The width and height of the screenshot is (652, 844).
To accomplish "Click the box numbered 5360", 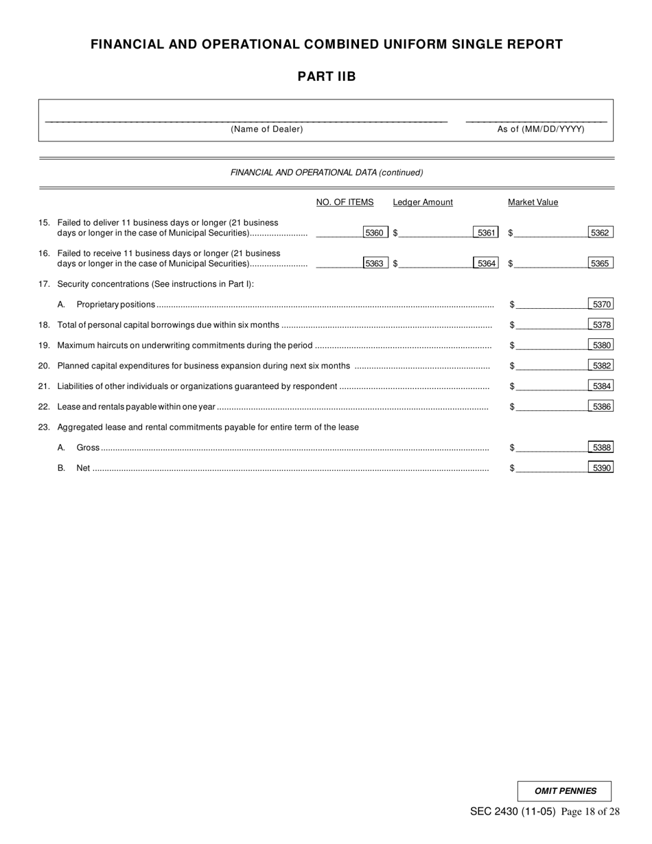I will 375,233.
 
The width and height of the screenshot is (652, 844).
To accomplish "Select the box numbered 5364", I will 487,263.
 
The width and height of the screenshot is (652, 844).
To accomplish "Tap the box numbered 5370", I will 601,304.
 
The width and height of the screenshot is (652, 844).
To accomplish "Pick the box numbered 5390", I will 601,468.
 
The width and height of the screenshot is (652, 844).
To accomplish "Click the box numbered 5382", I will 601,366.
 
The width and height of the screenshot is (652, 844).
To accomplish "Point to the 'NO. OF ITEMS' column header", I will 345,202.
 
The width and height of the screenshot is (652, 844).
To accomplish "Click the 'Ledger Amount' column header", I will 423,202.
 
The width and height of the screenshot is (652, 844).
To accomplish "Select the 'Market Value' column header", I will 533,202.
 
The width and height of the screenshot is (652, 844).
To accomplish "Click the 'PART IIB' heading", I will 327,77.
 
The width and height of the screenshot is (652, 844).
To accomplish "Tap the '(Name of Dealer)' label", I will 267,129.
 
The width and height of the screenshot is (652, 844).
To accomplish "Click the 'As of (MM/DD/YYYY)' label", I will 541,129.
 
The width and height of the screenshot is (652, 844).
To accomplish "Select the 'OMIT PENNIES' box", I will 565,791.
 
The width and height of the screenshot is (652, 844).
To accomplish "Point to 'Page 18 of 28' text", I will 590,812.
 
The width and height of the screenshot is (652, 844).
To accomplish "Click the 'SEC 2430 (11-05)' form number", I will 513,812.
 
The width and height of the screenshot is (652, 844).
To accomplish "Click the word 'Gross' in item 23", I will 88,447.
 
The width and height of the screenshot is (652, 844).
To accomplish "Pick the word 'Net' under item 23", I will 83,468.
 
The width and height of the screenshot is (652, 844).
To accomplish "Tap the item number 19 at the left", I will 44,345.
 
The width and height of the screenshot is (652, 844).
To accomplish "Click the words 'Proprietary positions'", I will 115,304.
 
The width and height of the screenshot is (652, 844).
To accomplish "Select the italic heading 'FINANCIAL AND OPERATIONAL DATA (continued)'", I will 327,173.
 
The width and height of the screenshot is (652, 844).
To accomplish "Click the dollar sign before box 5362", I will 511,233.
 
